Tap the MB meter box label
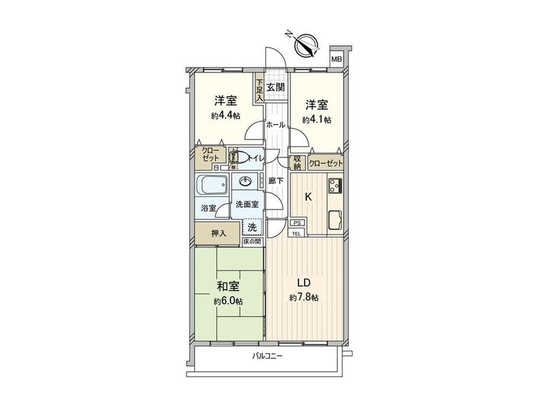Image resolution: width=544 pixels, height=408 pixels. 336,59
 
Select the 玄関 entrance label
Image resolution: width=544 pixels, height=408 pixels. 276,87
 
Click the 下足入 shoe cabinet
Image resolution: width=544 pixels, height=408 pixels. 259,92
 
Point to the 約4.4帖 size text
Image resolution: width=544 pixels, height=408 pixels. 226,116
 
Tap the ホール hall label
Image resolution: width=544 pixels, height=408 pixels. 276,125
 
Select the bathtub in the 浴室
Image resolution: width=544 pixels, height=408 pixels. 211,188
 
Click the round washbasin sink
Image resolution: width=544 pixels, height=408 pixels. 245,181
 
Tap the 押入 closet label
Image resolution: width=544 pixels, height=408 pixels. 218,233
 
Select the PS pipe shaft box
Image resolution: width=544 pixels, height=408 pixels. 296,223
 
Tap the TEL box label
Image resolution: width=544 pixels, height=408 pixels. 297,233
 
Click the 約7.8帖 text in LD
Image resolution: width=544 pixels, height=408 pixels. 305,297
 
